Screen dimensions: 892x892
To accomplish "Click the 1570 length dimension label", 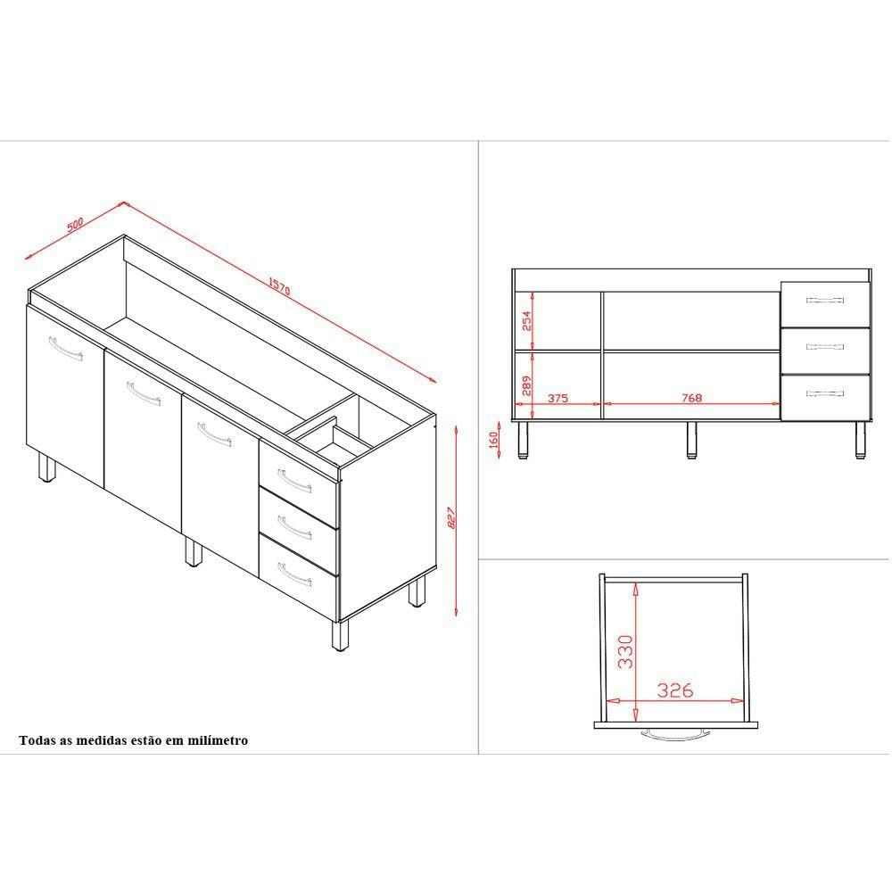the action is coord(279,286).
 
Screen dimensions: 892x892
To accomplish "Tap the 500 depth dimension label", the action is coord(75,224).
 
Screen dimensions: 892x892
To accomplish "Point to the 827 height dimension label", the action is coord(452,517).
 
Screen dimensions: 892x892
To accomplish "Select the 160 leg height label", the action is coord(493,439).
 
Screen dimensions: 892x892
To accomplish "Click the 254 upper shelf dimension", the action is coord(526,321).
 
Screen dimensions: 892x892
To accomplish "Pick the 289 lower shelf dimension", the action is coord(526,385).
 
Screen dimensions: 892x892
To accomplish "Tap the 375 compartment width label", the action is coord(557,398).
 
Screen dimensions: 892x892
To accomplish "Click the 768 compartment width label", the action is coord(692,398).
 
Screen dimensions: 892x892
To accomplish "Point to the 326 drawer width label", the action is coord(675,690).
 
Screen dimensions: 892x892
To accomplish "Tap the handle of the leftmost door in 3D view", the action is coord(65,349).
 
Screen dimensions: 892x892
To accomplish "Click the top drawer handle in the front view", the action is coord(825,300).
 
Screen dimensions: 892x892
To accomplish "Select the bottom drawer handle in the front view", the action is coord(825,393).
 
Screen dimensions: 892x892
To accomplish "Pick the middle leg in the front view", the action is coord(691,440).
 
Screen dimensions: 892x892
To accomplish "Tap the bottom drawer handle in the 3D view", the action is coord(294,574).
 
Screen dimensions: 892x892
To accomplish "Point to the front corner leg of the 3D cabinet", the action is coord(340,635).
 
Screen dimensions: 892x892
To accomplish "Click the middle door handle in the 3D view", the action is coord(144,393).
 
